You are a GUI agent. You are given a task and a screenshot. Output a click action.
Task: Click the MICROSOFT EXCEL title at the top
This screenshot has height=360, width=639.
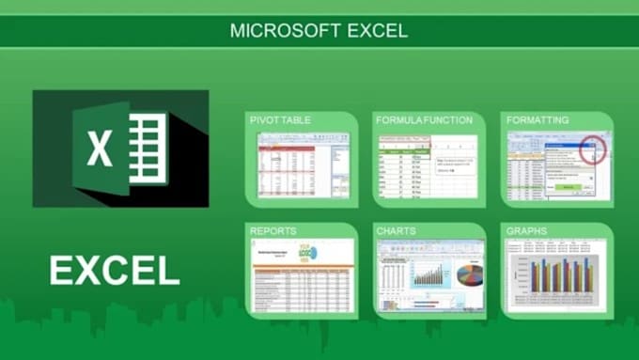tap(319, 31)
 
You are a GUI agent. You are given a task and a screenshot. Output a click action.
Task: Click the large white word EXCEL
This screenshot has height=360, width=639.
tap(115, 271)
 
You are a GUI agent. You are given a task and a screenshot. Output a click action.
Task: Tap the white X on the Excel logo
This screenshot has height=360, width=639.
tap(100, 149)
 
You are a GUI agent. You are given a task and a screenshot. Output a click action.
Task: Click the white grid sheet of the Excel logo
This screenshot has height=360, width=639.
tap(148, 148)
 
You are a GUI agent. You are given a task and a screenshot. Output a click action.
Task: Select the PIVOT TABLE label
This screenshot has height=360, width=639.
tap(280, 121)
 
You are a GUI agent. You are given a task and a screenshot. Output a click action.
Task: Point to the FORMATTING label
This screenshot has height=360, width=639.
tap(537, 121)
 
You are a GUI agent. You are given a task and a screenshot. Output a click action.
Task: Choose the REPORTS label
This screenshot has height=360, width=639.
tap(273, 229)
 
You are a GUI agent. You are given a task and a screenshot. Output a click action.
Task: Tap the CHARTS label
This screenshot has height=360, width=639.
tap(396, 229)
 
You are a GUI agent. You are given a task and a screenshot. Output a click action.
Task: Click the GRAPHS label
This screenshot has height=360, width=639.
tap(527, 229)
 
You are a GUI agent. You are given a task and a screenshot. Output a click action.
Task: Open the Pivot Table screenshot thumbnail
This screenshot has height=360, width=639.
tap(303, 165)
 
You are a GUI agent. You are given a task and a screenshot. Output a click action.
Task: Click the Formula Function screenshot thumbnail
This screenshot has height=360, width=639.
tap(429, 165)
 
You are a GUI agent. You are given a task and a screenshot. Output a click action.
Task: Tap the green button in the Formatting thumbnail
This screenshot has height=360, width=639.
tap(567, 187)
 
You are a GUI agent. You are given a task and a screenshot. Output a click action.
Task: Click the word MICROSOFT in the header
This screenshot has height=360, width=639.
tap(273, 31)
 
